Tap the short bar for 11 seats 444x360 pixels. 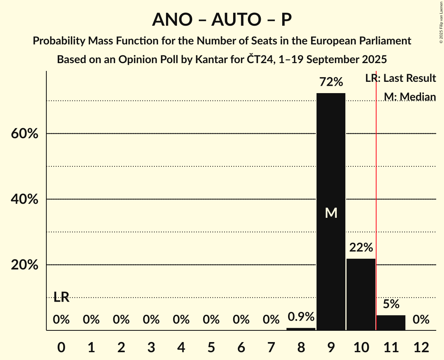click(x=391, y=323)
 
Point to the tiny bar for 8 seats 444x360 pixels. click(x=301, y=329)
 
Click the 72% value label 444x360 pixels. click(x=331, y=82)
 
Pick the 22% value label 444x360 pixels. click(x=361, y=247)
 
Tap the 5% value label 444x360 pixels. click(x=391, y=304)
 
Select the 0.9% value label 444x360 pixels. click(x=301, y=317)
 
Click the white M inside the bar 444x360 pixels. click(x=331, y=213)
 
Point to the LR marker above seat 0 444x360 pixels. click(x=61, y=297)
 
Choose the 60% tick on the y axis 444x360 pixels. click(x=24, y=134)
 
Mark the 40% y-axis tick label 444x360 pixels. click(x=24, y=199)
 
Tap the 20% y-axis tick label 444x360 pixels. click(x=24, y=265)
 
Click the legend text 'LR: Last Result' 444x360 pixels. click(x=400, y=78)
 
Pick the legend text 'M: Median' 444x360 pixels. click(x=410, y=97)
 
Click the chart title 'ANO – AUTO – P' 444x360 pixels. click(x=222, y=19)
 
